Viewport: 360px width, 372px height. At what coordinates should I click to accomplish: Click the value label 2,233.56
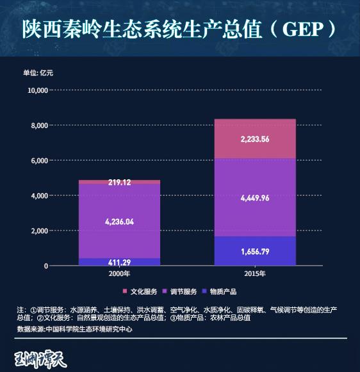pos(254,139)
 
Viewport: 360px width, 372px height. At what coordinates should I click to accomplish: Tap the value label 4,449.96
pos(254,198)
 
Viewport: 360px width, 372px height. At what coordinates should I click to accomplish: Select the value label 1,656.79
pos(254,252)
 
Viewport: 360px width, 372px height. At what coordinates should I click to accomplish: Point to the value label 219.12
pos(120,182)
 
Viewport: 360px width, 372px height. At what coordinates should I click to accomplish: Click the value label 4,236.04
pos(120,221)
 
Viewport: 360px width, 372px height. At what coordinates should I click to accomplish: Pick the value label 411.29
pos(120,263)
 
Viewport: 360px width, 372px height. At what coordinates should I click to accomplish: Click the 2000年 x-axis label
pos(120,273)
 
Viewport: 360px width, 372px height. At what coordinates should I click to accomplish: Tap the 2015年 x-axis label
pos(254,273)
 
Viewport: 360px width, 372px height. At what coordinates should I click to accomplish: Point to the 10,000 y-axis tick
pos(38,90)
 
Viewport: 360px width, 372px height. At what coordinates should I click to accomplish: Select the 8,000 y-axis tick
pos(40,125)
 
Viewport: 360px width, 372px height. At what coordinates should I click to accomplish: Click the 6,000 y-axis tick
pos(40,161)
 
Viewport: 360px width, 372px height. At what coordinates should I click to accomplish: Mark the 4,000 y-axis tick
pos(40,195)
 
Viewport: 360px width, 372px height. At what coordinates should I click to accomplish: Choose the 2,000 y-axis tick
pos(40,230)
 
